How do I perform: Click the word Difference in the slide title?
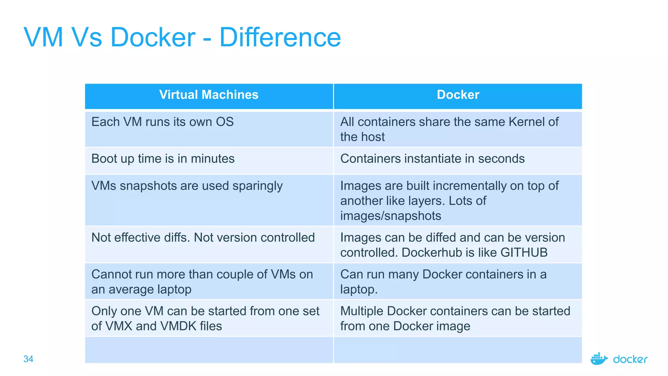tap(280, 37)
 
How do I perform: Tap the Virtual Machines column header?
tap(209, 95)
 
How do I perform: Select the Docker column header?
tap(458, 95)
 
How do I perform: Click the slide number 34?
tap(28, 359)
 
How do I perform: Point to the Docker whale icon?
tap(599, 359)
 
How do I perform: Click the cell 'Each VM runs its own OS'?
tap(162, 122)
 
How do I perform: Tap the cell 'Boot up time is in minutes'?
tap(163, 159)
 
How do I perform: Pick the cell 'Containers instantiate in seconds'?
tap(432, 159)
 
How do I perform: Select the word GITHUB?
tap(524, 253)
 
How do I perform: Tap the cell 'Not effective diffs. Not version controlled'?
tap(203, 238)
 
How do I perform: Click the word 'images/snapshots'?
tap(390, 216)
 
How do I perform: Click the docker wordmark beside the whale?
tap(630, 359)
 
